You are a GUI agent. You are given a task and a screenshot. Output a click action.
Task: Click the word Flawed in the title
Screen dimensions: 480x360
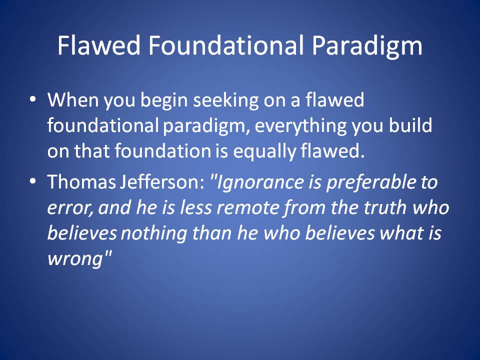click(99, 45)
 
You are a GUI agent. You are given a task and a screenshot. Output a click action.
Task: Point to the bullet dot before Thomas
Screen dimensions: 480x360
click(33, 181)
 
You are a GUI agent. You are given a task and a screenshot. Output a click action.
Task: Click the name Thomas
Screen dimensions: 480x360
click(81, 181)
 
